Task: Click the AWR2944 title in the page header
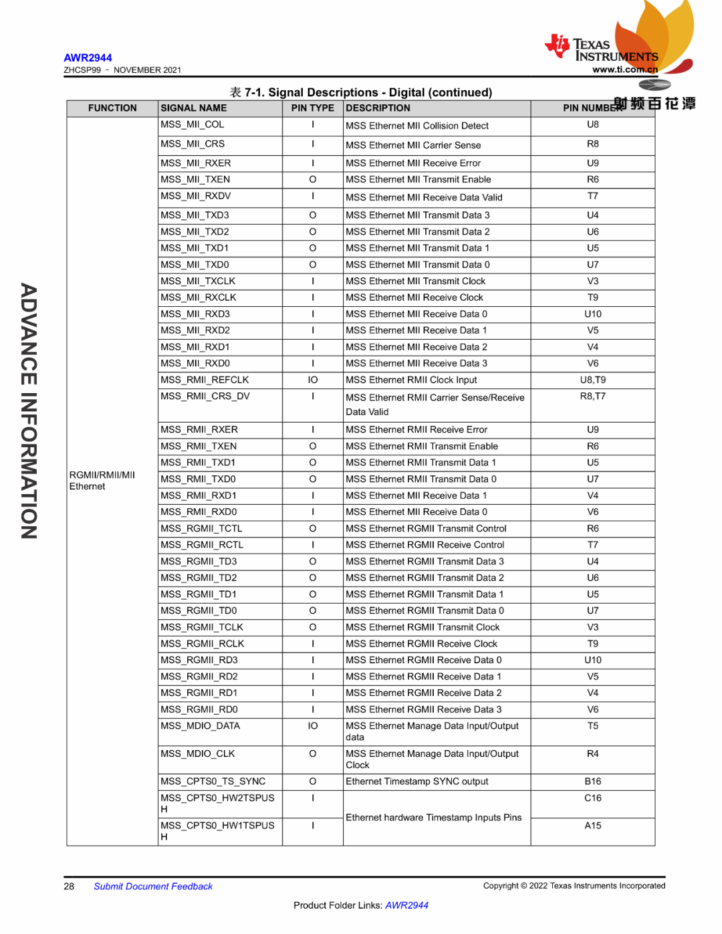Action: (88, 58)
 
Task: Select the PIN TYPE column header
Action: (312, 108)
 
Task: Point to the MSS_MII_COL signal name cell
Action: (193, 125)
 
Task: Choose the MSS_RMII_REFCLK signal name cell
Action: (205, 380)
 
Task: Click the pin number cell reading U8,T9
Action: (592, 380)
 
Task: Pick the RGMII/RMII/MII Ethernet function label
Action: (102, 481)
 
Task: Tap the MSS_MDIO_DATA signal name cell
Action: (200, 726)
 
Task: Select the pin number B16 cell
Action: (592, 782)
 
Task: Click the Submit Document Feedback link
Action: (153, 887)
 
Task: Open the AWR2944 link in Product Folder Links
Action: (406, 905)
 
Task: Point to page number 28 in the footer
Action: (69, 887)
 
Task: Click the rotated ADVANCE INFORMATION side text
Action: (29, 411)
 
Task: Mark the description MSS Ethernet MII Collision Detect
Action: (417, 126)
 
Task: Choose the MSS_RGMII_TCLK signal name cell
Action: (202, 627)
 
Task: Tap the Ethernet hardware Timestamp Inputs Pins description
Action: (433, 818)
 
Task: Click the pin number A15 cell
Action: (592, 826)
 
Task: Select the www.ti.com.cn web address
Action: (624, 70)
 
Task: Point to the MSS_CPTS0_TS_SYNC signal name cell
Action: (213, 782)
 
